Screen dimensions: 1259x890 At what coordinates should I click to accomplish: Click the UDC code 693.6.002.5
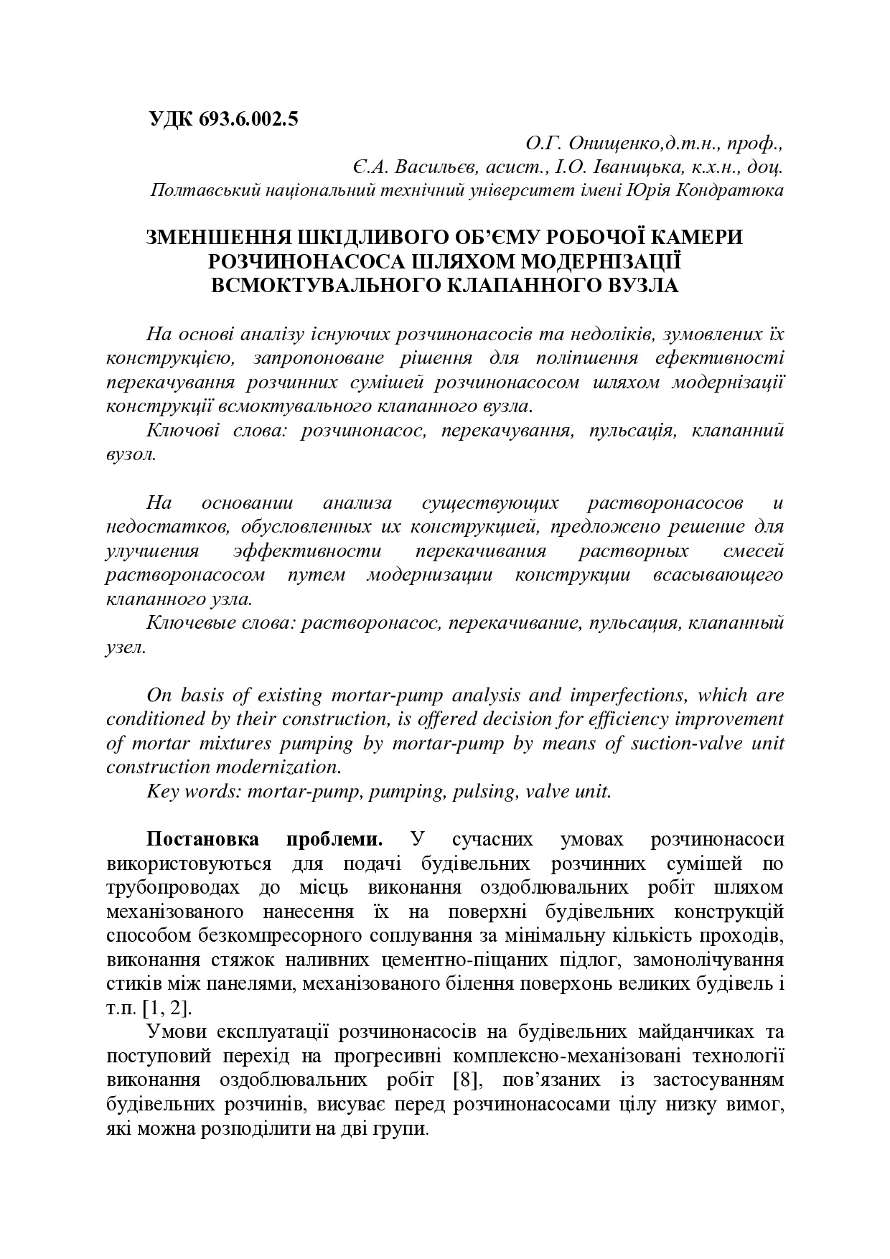click(x=244, y=119)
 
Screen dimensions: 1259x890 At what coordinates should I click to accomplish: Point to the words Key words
click(x=191, y=792)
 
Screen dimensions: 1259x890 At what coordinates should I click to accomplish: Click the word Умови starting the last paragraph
click(x=175, y=1032)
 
